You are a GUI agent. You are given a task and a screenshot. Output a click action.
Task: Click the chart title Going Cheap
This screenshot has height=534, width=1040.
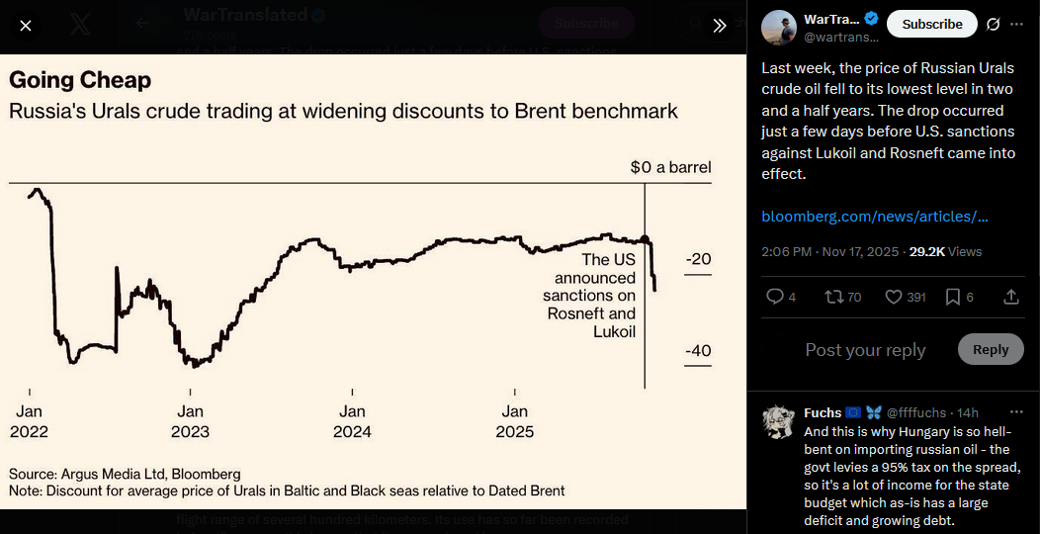pyautogui.click(x=80, y=80)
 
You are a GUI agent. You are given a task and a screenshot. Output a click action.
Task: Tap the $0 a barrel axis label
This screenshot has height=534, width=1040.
pyautogui.click(x=670, y=167)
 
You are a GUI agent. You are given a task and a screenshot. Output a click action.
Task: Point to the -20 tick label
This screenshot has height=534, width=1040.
pyautogui.click(x=698, y=259)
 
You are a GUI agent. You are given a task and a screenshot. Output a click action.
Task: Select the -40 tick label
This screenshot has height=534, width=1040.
pyautogui.click(x=698, y=351)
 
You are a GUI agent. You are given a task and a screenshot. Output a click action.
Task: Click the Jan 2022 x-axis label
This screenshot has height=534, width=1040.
pyautogui.click(x=30, y=421)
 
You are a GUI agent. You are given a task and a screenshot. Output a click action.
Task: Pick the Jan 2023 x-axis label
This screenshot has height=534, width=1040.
pyautogui.click(x=190, y=421)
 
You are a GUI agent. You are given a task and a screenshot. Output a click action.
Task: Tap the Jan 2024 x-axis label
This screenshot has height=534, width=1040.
pyautogui.click(x=352, y=421)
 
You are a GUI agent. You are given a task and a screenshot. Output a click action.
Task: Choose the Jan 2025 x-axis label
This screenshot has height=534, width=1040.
pyautogui.click(x=514, y=421)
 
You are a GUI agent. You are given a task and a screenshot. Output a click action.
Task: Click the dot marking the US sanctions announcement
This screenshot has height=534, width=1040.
pyautogui.click(x=645, y=239)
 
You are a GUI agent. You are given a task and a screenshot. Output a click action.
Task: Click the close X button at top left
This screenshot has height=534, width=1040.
pyautogui.click(x=26, y=26)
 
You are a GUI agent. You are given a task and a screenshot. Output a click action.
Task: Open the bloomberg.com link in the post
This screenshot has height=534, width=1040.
pyautogui.click(x=875, y=217)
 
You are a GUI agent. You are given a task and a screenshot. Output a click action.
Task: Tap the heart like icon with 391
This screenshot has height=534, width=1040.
pyautogui.click(x=893, y=297)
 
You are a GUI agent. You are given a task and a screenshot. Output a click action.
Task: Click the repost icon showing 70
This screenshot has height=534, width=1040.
pyautogui.click(x=833, y=297)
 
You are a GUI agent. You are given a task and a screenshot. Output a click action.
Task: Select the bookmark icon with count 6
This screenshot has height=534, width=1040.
pyautogui.click(x=953, y=297)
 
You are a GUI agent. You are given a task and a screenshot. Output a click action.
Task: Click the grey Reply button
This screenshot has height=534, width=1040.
pyautogui.click(x=990, y=349)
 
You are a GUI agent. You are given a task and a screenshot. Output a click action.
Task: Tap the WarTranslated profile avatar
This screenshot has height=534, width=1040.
pyautogui.click(x=778, y=27)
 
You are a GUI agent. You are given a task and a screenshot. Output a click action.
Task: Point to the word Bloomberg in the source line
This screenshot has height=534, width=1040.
pyautogui.click(x=205, y=474)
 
